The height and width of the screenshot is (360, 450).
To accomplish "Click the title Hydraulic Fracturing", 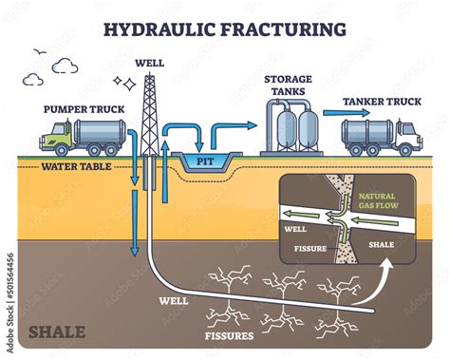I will (x=225, y=28).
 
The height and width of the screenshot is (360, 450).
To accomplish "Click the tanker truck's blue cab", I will (x=404, y=137).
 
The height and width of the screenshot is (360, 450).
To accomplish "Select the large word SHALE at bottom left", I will (x=56, y=332).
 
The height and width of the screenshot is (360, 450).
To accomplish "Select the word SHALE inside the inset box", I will (x=381, y=243).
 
